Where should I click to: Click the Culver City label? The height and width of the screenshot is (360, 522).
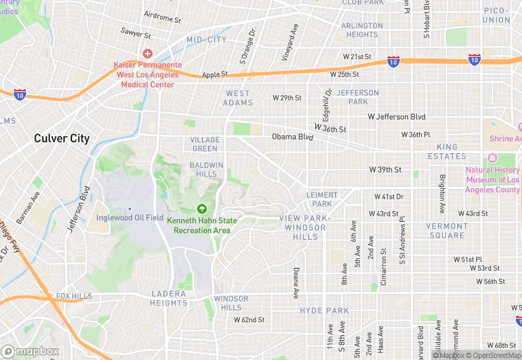point(62,138)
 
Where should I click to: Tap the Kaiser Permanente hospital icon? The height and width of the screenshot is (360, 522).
point(147,54)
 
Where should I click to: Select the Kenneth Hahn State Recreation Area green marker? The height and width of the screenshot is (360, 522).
point(202,209)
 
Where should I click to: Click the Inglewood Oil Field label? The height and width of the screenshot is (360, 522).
point(130,218)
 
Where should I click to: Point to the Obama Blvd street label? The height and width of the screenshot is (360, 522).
point(292,137)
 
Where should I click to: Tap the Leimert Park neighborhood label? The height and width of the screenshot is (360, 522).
point(319,199)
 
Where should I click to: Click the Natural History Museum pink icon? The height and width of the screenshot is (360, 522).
point(492,159)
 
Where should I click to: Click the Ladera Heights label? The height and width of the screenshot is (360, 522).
point(169,298)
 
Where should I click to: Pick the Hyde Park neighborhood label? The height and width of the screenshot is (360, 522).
point(320,311)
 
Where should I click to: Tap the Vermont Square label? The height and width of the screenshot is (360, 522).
point(446,230)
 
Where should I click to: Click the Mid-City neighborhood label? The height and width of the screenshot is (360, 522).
point(206,40)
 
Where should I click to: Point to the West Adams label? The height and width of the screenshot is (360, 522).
point(238,98)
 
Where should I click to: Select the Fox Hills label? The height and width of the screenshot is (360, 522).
point(73,296)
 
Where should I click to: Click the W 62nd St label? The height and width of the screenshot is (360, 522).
point(249,319)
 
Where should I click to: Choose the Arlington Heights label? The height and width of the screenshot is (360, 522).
point(362,30)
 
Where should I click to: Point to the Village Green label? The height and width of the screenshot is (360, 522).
point(205,144)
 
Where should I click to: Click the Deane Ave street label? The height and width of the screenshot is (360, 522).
point(296,282)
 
